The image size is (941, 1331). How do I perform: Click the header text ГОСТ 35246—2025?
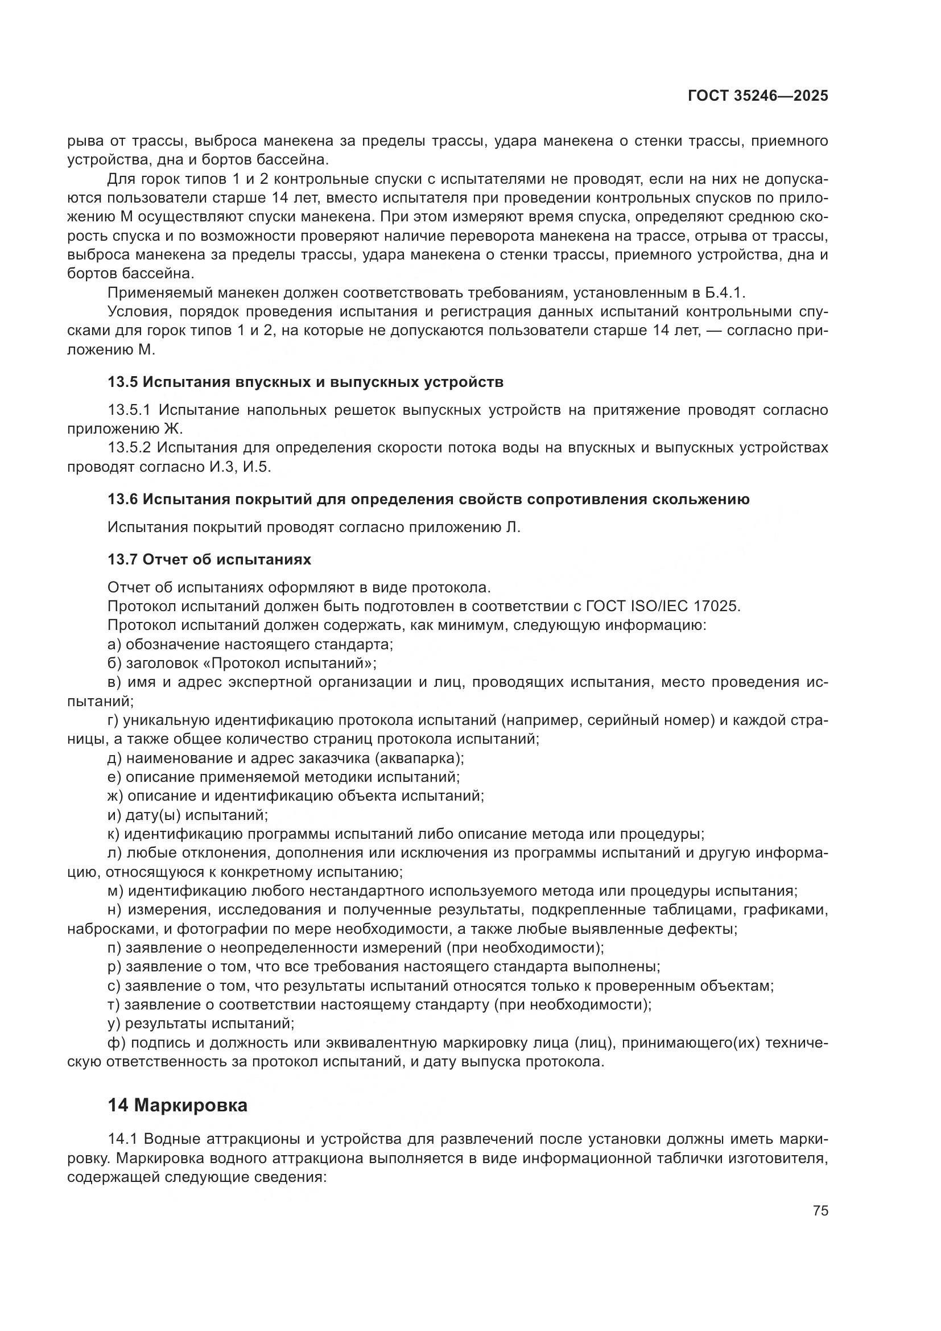(758, 96)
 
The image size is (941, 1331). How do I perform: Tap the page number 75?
(820, 1211)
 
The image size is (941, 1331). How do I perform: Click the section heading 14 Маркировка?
(178, 1106)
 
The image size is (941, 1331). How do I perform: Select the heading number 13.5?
(122, 382)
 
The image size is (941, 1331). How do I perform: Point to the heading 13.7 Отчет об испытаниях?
(209, 559)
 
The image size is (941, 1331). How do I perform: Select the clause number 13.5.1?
(129, 410)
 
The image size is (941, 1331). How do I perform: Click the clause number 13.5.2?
(129, 448)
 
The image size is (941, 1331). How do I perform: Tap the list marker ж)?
(115, 796)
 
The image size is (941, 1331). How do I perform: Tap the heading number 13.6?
(122, 499)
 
